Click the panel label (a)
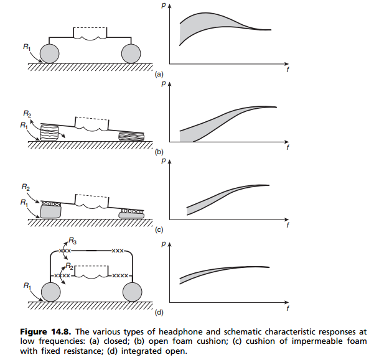(x=159, y=73)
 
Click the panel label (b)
(x=159, y=150)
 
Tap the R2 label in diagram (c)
(x=24, y=187)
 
